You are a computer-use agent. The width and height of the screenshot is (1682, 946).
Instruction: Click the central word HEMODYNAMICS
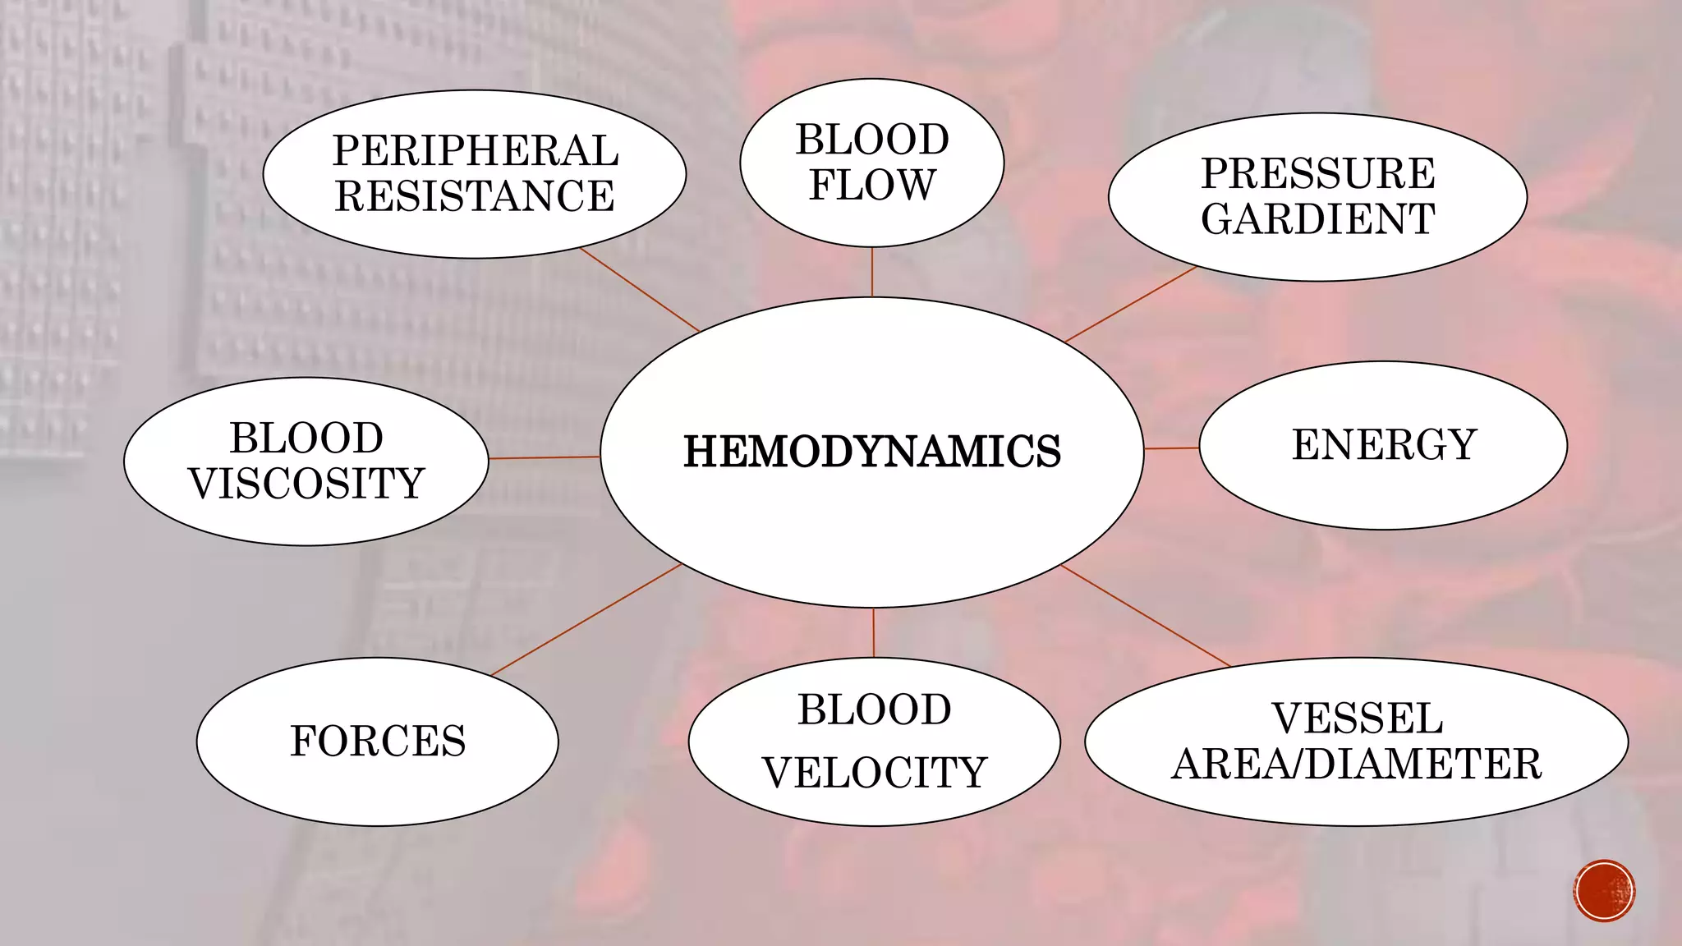[871, 452]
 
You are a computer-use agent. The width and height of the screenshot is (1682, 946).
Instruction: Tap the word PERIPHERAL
[475, 151]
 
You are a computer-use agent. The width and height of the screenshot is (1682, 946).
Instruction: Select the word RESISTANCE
[475, 196]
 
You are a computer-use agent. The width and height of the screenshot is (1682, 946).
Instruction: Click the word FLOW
[871, 185]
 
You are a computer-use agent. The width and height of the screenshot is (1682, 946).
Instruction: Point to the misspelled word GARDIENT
[1317, 219]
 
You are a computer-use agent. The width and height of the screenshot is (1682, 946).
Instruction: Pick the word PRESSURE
[1317, 173]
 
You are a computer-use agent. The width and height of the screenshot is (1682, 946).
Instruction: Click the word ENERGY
[1384, 445]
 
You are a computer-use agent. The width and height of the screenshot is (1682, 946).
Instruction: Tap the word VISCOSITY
[306, 483]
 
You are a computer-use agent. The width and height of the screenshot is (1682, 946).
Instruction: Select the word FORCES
[378, 741]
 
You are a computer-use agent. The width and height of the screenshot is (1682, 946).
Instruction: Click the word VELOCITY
[874, 773]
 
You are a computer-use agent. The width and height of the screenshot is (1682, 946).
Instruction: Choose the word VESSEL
[1357, 719]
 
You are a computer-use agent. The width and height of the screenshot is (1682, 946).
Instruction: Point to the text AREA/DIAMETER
[1357, 764]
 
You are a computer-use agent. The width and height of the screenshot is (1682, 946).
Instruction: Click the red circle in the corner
[1604, 891]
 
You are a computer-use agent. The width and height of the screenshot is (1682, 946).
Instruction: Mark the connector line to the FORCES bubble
[586, 620]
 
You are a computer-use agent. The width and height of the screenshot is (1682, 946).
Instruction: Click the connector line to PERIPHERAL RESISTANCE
[640, 290]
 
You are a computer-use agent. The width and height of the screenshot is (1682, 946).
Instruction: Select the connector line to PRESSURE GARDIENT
[1130, 304]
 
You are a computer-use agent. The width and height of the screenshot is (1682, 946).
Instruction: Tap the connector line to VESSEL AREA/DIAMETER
[1145, 615]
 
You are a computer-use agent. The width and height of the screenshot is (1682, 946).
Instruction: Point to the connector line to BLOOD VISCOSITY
[544, 457]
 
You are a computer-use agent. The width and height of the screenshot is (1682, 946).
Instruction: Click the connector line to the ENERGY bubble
[1171, 448]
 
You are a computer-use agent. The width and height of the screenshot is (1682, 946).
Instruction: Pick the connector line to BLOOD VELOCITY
[873, 632]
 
